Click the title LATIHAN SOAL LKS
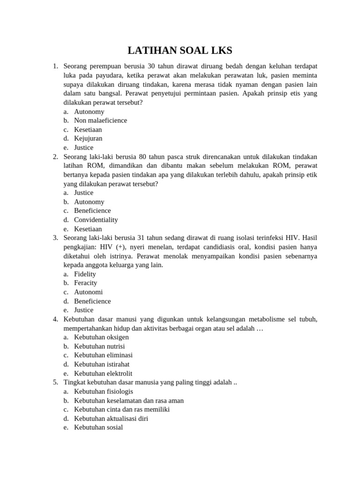click(x=180, y=51)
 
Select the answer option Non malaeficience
click(x=100, y=120)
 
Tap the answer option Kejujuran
click(x=88, y=138)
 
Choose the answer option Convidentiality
click(x=96, y=219)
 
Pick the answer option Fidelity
click(x=85, y=274)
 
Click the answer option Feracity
click(x=85, y=283)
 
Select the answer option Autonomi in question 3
click(x=88, y=292)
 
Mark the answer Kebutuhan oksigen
click(x=101, y=337)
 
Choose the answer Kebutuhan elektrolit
click(x=103, y=374)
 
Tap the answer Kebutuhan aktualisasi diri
click(x=111, y=419)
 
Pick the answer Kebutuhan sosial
click(x=98, y=427)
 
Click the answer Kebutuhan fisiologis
click(x=104, y=391)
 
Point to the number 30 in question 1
click(x=151, y=66)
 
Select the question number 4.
click(x=55, y=319)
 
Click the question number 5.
click(x=55, y=382)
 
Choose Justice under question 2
click(x=83, y=193)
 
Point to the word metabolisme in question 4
click(x=265, y=319)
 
